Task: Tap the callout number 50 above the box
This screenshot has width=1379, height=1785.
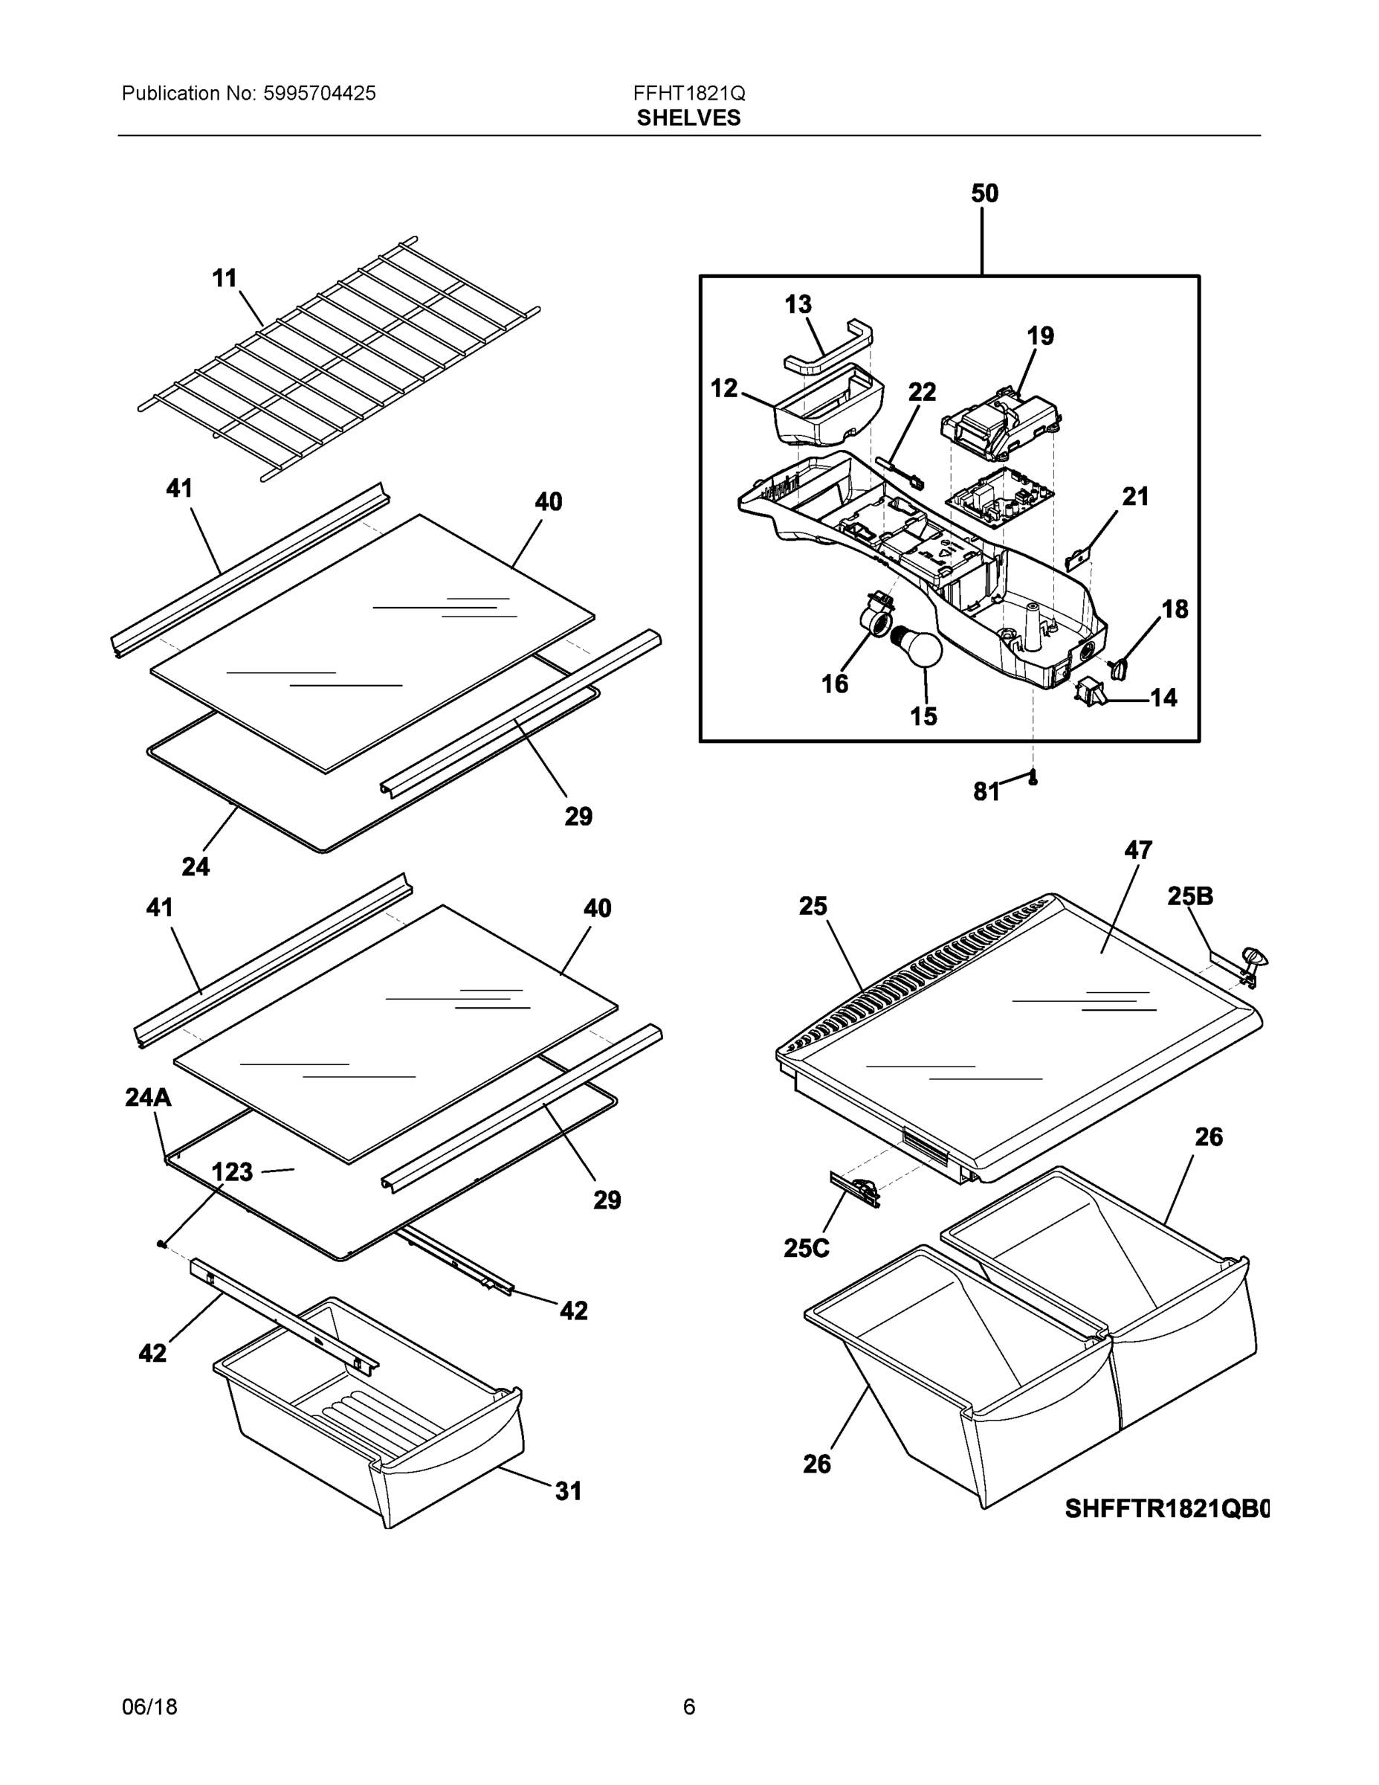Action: click(x=984, y=193)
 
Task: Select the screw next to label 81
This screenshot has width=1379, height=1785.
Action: click(x=1033, y=776)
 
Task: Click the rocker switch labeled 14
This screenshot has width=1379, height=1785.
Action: click(x=1090, y=693)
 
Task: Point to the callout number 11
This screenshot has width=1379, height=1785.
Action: click(x=225, y=279)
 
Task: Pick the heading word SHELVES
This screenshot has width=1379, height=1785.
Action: click(x=688, y=118)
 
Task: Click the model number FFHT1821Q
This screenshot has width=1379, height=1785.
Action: click(x=688, y=93)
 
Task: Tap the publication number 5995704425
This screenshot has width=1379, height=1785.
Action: click(x=320, y=93)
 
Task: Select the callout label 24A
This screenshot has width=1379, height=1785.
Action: click(x=149, y=1098)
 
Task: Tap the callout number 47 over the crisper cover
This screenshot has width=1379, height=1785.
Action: click(x=1138, y=850)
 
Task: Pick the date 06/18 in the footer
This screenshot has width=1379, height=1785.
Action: click(x=149, y=1707)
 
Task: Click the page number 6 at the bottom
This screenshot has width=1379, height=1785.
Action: click(x=688, y=1707)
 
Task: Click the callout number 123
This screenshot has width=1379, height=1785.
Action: click(x=232, y=1173)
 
